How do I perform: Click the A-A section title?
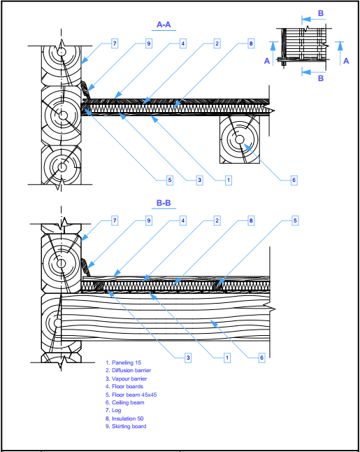click(x=164, y=24)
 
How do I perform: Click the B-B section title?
click(x=164, y=203)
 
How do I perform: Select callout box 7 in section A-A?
click(x=115, y=43)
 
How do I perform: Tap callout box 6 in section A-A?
click(x=294, y=180)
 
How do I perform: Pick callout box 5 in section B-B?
click(x=295, y=220)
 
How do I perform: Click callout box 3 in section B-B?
click(x=188, y=358)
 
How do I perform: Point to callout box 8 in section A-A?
click(x=251, y=43)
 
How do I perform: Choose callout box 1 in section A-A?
click(x=229, y=180)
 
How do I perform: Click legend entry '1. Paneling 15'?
click(x=123, y=362)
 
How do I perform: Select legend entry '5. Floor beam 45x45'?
click(x=131, y=395)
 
